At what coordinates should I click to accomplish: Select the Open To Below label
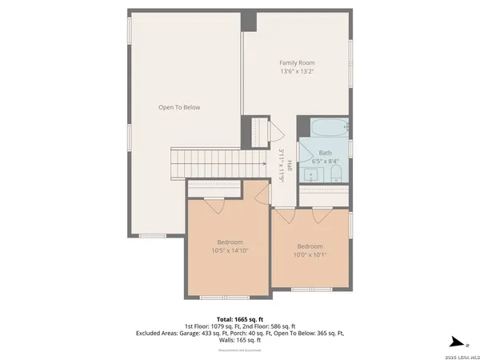[178, 107]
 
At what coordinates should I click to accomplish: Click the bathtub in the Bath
[328, 127]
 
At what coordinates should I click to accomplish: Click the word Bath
[325, 152]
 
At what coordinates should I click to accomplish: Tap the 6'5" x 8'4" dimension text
[325, 161]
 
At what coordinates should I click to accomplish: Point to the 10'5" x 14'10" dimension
[230, 250]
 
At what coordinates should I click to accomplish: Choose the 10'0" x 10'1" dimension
[310, 254]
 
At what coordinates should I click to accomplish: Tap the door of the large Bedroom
[214, 205]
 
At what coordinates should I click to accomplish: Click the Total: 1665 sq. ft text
[240, 319]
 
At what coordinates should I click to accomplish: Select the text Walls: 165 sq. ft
[240, 340]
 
